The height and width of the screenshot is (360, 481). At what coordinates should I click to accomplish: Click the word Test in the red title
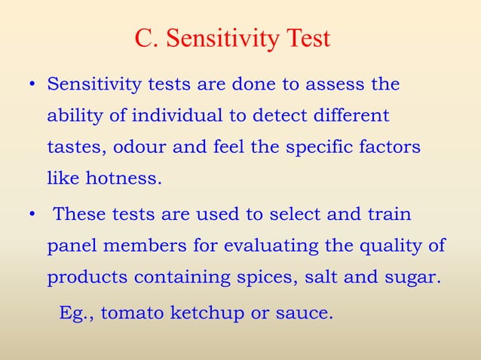[x=306, y=38]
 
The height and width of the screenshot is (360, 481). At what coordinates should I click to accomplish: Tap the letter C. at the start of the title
[x=144, y=38]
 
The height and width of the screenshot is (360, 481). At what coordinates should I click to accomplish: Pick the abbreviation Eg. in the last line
[x=76, y=312]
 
